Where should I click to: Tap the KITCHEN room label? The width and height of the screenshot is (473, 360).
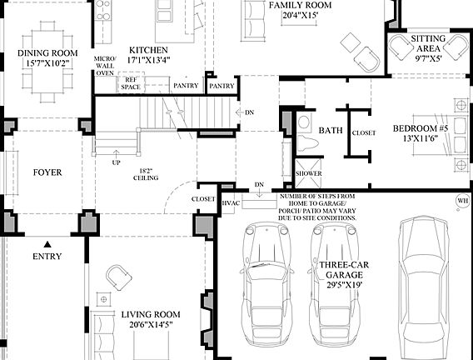click(x=147, y=55)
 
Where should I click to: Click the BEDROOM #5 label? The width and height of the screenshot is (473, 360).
click(x=422, y=134)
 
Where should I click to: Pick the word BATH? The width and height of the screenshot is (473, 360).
click(x=331, y=131)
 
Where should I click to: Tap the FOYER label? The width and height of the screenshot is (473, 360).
click(x=47, y=172)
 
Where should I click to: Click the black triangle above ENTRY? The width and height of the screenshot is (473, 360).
click(x=48, y=243)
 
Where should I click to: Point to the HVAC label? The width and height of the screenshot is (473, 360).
click(x=231, y=202)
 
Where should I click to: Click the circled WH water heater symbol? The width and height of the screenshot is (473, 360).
click(x=462, y=201)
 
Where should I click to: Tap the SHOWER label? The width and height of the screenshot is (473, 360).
click(x=308, y=174)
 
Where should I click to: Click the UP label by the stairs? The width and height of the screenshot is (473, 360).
click(x=116, y=162)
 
